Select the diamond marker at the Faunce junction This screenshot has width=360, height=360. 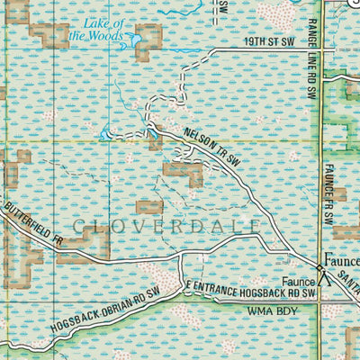click(x=319, y=267)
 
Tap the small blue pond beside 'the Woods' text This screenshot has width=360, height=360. click(x=135, y=40)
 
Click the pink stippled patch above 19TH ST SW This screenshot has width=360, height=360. click(x=276, y=15)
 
